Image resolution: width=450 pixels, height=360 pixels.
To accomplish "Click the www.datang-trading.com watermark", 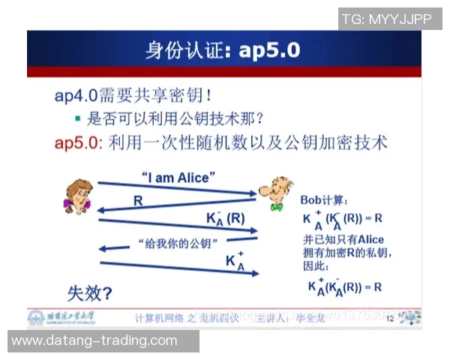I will pos(94,340).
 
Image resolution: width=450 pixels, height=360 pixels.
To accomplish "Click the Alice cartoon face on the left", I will pos(77,197).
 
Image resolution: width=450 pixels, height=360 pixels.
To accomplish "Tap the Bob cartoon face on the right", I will pos(276,192).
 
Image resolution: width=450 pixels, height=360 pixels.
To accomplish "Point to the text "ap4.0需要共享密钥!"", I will pos(133,95).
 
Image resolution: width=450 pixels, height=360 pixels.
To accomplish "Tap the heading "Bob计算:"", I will pos(324,200).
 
